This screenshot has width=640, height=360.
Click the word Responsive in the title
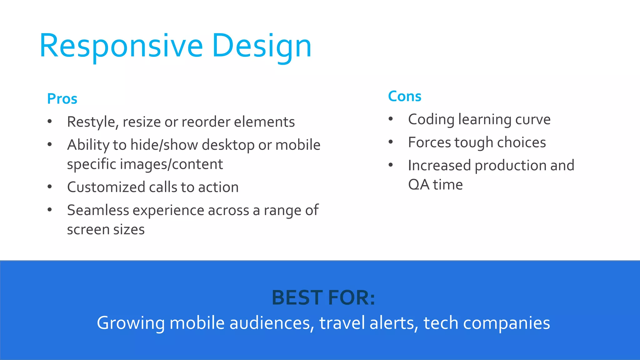121,46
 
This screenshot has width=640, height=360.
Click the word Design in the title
262,46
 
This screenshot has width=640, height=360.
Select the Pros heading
62,99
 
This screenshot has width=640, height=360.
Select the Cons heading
404,96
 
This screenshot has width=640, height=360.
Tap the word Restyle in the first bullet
92,122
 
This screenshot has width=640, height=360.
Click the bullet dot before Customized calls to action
50,187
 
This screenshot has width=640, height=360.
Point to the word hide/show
164,145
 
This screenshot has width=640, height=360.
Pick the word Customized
106,187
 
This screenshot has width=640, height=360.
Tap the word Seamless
98,210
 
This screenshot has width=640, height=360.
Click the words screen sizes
106,230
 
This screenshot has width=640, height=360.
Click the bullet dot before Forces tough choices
391,142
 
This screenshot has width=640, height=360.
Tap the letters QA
419,185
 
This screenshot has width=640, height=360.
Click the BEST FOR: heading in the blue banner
323,297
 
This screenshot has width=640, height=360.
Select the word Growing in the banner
131,323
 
